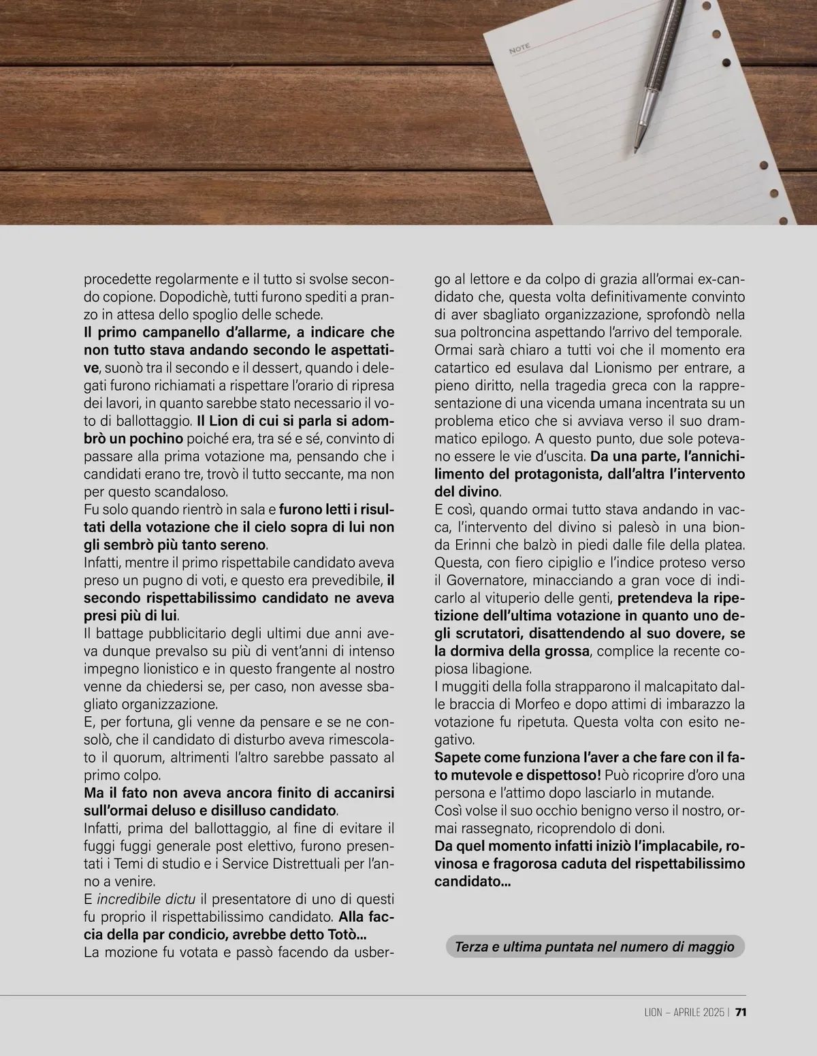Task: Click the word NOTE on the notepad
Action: (519, 48)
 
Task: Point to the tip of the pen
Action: (637, 149)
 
